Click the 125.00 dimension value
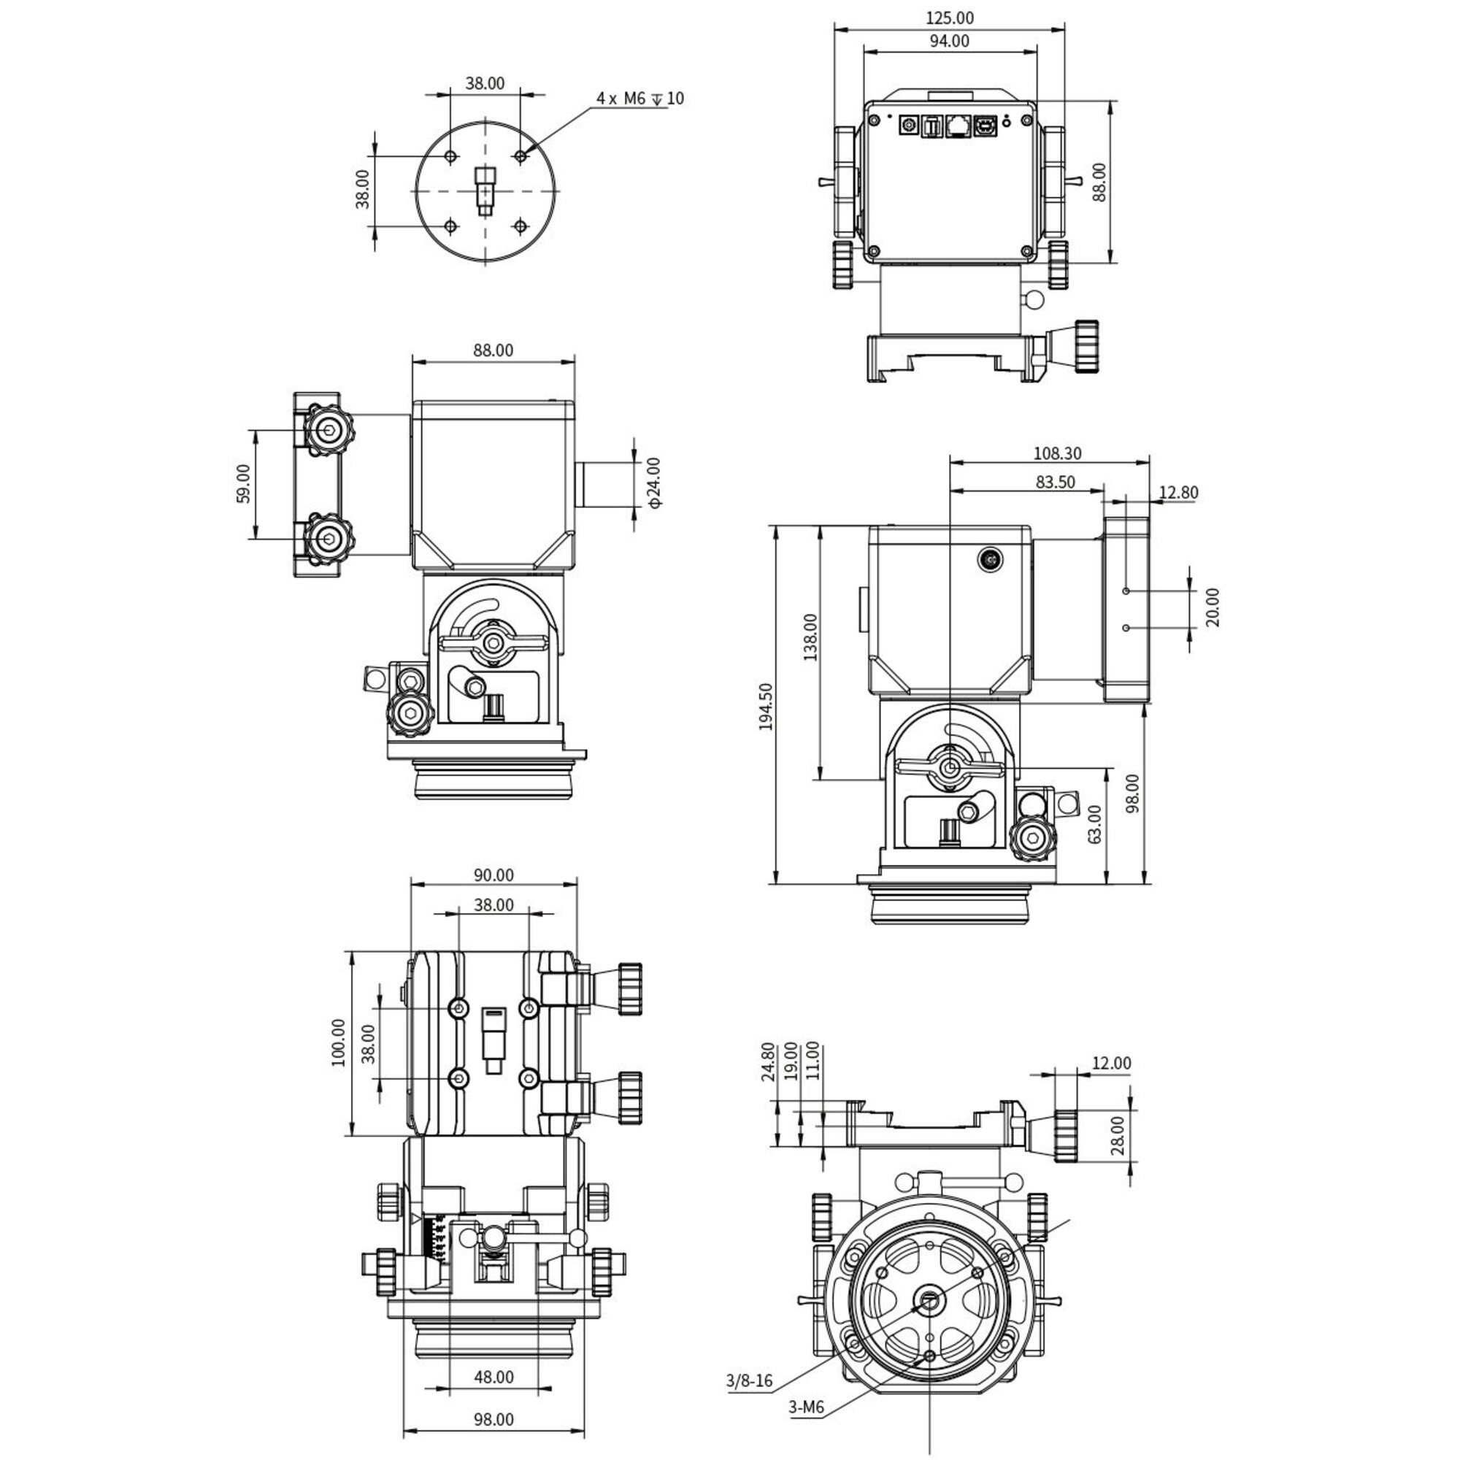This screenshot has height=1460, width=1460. click(x=950, y=18)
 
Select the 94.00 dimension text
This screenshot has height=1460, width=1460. click(x=949, y=41)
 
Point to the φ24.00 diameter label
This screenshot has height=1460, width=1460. click(x=653, y=482)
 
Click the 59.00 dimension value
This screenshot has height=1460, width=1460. click(x=242, y=484)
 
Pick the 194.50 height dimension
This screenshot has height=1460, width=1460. click(x=766, y=707)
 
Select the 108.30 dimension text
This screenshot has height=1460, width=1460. click(x=1057, y=453)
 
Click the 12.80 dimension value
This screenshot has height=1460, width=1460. click(x=1178, y=493)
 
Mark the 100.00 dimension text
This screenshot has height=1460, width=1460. click(x=338, y=1043)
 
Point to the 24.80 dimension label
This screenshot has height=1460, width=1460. click(x=768, y=1061)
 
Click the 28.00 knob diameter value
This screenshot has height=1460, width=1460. click(x=1118, y=1135)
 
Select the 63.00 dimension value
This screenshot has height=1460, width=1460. click(x=1094, y=823)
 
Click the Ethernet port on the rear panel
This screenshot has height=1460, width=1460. click(x=958, y=126)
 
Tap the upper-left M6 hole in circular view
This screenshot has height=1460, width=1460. click(x=451, y=156)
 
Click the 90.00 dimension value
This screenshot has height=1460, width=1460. click(x=493, y=875)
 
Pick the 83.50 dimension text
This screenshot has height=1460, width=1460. click(x=1055, y=482)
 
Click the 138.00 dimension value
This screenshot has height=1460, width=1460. click(x=810, y=637)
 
